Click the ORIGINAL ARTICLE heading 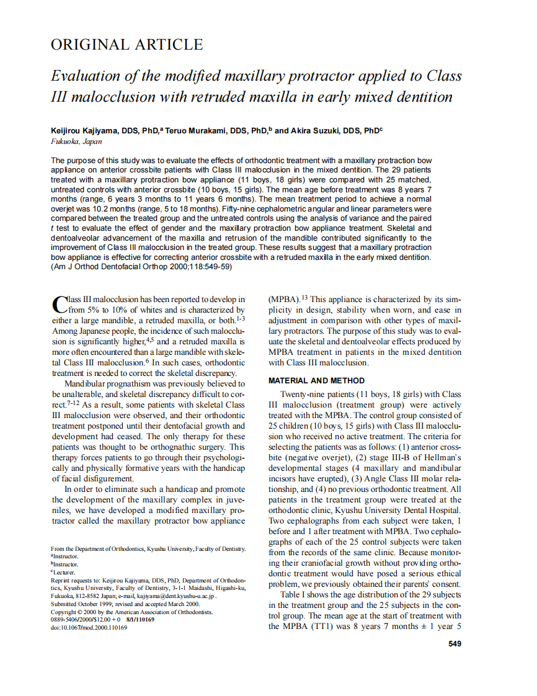[x=126, y=45]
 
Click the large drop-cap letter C [x=58, y=304]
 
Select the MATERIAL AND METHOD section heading [x=316, y=380]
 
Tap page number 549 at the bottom [x=455, y=644]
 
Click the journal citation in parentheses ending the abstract [x=141, y=267]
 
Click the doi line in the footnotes [x=89, y=628]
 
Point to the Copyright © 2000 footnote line [x=131, y=612]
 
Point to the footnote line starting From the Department [x=148, y=549]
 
